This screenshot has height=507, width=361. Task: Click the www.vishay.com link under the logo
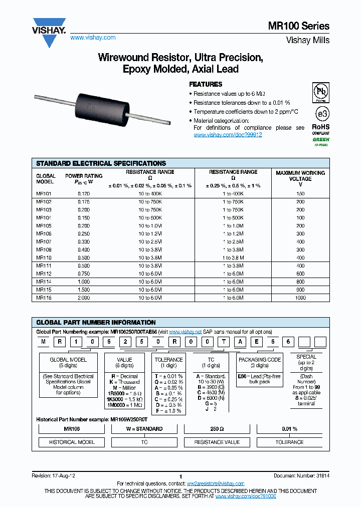tap(93, 38)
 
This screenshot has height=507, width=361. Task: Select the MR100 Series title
tap(304, 26)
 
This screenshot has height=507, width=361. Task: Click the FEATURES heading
tap(206, 84)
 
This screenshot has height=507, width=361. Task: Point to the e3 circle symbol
tap(320, 112)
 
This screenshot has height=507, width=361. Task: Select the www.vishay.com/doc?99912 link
tap(228, 135)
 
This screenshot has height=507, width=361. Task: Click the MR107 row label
tap(44, 241)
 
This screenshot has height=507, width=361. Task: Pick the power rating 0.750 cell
tap(84, 274)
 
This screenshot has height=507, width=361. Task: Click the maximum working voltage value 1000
tap(300, 298)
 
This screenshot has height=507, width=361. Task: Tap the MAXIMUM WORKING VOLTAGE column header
tap(300, 178)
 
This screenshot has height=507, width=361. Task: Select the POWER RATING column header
tap(84, 179)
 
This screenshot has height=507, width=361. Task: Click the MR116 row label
tap(44, 298)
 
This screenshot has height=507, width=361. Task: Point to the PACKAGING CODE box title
tap(260, 360)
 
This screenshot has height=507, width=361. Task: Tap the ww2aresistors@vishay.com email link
tap(216, 483)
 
